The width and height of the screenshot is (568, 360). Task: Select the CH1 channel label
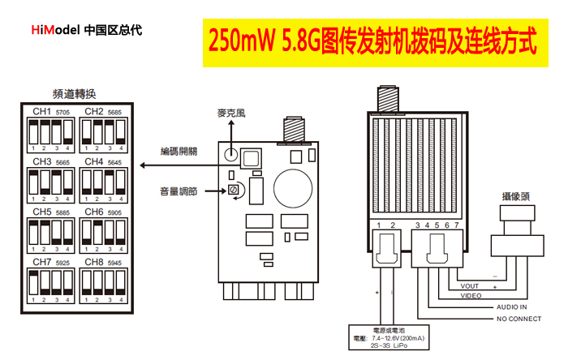click(41, 111)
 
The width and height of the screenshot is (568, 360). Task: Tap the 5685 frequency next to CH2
click(115, 112)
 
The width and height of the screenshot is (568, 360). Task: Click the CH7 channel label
click(41, 263)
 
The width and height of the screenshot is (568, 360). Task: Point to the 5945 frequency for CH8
click(115, 264)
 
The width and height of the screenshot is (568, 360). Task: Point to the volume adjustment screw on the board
click(233, 191)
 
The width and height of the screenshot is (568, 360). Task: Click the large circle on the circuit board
click(293, 186)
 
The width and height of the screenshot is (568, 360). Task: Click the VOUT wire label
click(470, 285)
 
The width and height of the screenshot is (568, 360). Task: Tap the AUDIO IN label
click(510, 307)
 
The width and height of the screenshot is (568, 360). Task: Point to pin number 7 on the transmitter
click(457, 225)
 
